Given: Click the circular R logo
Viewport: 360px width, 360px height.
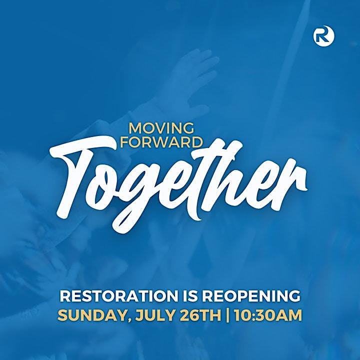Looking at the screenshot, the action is pyautogui.click(x=323, y=36).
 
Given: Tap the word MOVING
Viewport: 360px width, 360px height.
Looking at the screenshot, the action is pyautogui.click(x=161, y=128).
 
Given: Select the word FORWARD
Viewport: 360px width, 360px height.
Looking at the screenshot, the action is pyautogui.click(x=161, y=142).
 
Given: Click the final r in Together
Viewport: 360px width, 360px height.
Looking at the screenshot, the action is pyautogui.click(x=291, y=183).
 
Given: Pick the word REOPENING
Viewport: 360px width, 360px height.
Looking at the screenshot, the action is pyautogui.click(x=251, y=296).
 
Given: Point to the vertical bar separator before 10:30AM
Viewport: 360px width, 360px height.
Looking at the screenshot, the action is pyautogui.click(x=227, y=315).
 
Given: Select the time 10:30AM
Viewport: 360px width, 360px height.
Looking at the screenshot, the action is pyautogui.click(x=268, y=315).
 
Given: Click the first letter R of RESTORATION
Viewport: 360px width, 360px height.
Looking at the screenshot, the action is pyautogui.click(x=64, y=296).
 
